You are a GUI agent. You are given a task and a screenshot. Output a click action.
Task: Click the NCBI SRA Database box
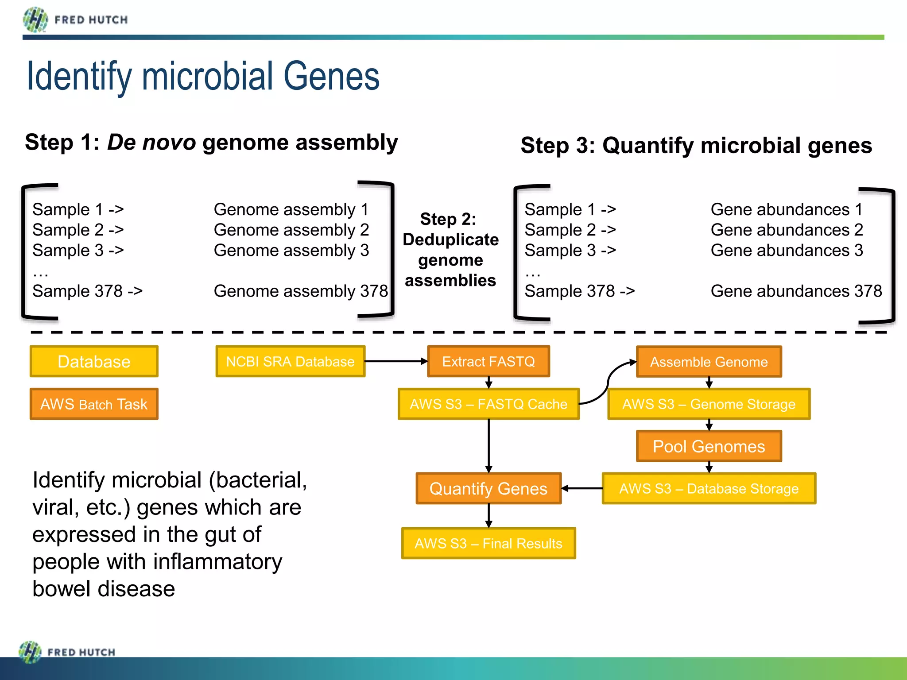click(290, 361)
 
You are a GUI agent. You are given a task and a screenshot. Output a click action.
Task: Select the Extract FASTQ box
click(488, 361)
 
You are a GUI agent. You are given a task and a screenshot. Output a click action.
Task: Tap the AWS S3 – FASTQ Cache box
click(488, 404)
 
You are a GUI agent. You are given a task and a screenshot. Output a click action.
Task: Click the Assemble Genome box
click(709, 362)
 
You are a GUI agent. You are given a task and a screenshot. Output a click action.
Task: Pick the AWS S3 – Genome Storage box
click(709, 404)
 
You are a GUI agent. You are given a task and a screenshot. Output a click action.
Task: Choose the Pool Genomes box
click(709, 446)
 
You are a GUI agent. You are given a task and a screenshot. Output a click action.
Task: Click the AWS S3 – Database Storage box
click(709, 488)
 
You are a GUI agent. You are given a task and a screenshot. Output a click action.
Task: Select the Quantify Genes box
click(488, 488)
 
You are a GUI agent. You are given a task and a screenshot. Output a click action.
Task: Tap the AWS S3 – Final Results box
click(488, 543)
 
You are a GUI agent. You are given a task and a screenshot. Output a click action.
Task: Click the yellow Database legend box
click(94, 361)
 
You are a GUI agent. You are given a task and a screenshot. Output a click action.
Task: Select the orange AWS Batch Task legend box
click(94, 404)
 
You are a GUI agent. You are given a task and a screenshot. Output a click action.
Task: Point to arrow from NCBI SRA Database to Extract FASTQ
click(395, 361)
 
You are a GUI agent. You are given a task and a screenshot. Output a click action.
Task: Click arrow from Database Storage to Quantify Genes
click(582, 488)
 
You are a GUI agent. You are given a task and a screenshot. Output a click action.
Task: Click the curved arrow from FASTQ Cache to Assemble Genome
click(608, 381)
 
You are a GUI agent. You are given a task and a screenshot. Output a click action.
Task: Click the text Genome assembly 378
click(301, 291)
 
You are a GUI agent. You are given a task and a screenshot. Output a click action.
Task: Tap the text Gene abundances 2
click(787, 230)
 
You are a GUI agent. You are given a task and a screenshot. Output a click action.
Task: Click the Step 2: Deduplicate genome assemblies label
click(450, 250)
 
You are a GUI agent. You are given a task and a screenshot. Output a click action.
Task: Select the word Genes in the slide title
click(331, 76)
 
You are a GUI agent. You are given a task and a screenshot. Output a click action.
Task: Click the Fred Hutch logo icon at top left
click(35, 20)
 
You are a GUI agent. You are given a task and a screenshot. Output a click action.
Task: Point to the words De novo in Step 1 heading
click(151, 143)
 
